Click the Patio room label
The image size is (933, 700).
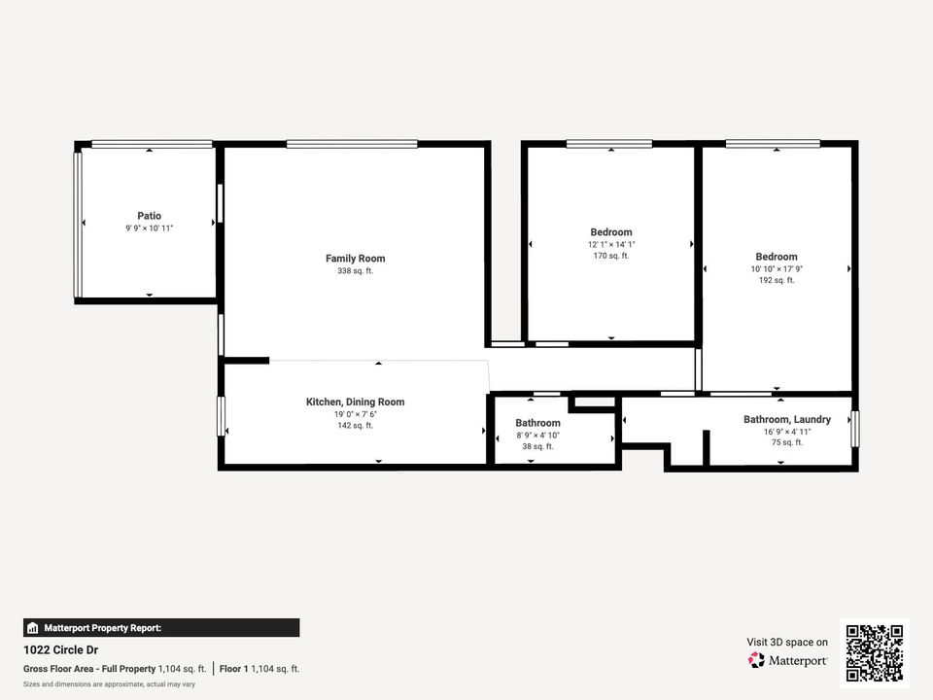coord(149,216)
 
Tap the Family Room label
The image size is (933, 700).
coord(355,259)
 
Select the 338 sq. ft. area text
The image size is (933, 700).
coord(355,271)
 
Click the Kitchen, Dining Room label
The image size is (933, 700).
coord(355,402)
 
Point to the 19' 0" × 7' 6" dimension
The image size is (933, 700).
coord(355,414)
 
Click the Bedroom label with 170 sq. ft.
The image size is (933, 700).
coord(611,232)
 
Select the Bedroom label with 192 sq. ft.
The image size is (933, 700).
coord(777,257)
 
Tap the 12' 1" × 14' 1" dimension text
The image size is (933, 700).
coord(611,244)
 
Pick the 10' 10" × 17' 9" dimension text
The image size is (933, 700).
coord(777,268)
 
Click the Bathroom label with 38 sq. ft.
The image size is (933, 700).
coord(537,423)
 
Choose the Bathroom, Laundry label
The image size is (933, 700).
coord(787,419)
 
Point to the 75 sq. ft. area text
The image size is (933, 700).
coord(787,442)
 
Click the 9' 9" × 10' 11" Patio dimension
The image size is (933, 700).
coord(149,227)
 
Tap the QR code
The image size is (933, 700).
coord(875,652)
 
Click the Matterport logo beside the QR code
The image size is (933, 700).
coord(788,660)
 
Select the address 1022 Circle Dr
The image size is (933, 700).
coord(60,649)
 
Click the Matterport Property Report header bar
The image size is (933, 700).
coord(161,628)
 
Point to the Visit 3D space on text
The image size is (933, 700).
coord(787,642)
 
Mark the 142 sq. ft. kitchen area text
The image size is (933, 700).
coord(355,426)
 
